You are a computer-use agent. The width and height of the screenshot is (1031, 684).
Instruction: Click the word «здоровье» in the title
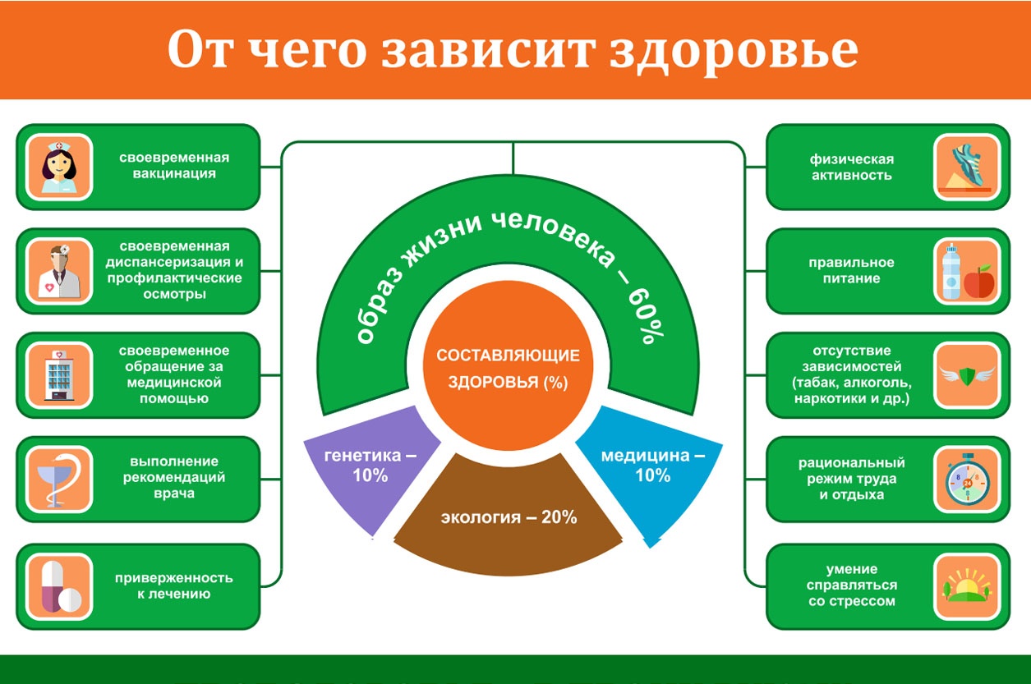pyautogui.click(x=734, y=51)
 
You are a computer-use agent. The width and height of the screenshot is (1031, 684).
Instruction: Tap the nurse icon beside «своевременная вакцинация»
pyautogui.click(x=59, y=167)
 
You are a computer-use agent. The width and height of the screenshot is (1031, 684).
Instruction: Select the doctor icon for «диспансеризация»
pyautogui.click(x=59, y=272)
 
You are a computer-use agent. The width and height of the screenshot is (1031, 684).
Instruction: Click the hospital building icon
pyautogui.click(x=59, y=375)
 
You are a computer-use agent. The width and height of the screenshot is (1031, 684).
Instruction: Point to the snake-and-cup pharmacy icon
pyautogui.click(x=59, y=480)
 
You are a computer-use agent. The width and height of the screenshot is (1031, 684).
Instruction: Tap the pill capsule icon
pyautogui.click(x=60, y=587)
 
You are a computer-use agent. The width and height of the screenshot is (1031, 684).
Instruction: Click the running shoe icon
pyautogui.click(x=967, y=167)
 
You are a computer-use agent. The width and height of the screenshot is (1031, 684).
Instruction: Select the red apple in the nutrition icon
pyautogui.click(x=979, y=281)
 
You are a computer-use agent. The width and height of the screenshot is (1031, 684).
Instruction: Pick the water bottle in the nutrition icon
pyautogui.click(x=951, y=272)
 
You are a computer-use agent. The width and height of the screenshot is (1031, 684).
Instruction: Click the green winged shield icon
pyautogui.click(x=967, y=375)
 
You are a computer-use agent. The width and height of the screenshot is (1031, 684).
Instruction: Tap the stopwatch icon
pyautogui.click(x=967, y=480)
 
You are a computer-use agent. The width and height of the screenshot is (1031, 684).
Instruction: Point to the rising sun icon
pyautogui.click(x=967, y=586)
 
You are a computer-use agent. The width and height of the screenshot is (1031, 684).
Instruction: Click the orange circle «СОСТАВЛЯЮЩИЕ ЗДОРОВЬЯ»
pyautogui.click(x=509, y=365)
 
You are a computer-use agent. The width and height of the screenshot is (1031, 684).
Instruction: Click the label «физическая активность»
pyautogui.click(x=851, y=167)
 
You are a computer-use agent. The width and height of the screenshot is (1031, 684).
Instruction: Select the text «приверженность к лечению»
pyautogui.click(x=174, y=585)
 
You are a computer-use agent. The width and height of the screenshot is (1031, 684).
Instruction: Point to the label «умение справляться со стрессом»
pyautogui.click(x=851, y=585)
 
